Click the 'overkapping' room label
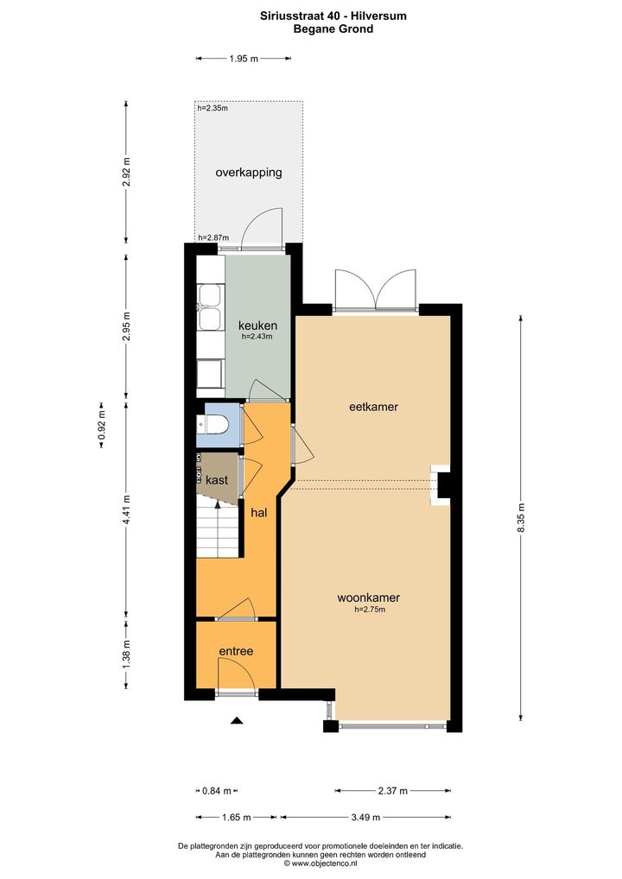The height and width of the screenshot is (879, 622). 249,173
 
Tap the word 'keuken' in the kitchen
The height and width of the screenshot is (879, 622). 257,326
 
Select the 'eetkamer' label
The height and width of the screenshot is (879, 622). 373,407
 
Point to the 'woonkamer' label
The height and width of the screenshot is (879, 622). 369,598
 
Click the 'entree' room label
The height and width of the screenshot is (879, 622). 236,651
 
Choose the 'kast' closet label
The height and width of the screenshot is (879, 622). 217,480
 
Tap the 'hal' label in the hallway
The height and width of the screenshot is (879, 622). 259,512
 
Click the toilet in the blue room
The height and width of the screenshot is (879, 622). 213,424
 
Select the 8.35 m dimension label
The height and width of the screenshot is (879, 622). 521,518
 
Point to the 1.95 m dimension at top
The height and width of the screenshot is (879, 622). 244,59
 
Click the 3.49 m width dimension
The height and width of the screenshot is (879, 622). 365,818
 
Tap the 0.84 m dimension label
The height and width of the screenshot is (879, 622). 217,791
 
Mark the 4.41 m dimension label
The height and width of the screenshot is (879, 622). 127,509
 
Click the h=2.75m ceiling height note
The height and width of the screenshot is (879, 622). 370,610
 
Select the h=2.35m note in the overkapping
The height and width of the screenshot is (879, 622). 213,108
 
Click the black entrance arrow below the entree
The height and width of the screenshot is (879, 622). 237,721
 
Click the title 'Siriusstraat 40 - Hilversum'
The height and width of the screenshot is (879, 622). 333,16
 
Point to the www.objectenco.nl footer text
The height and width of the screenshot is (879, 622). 321,863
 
